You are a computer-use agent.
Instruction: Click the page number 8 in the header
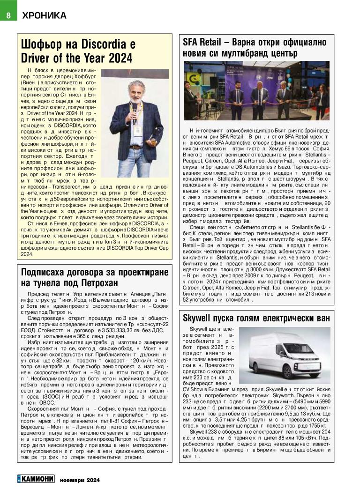point(8,15)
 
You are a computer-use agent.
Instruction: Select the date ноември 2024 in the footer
point(80,480)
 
